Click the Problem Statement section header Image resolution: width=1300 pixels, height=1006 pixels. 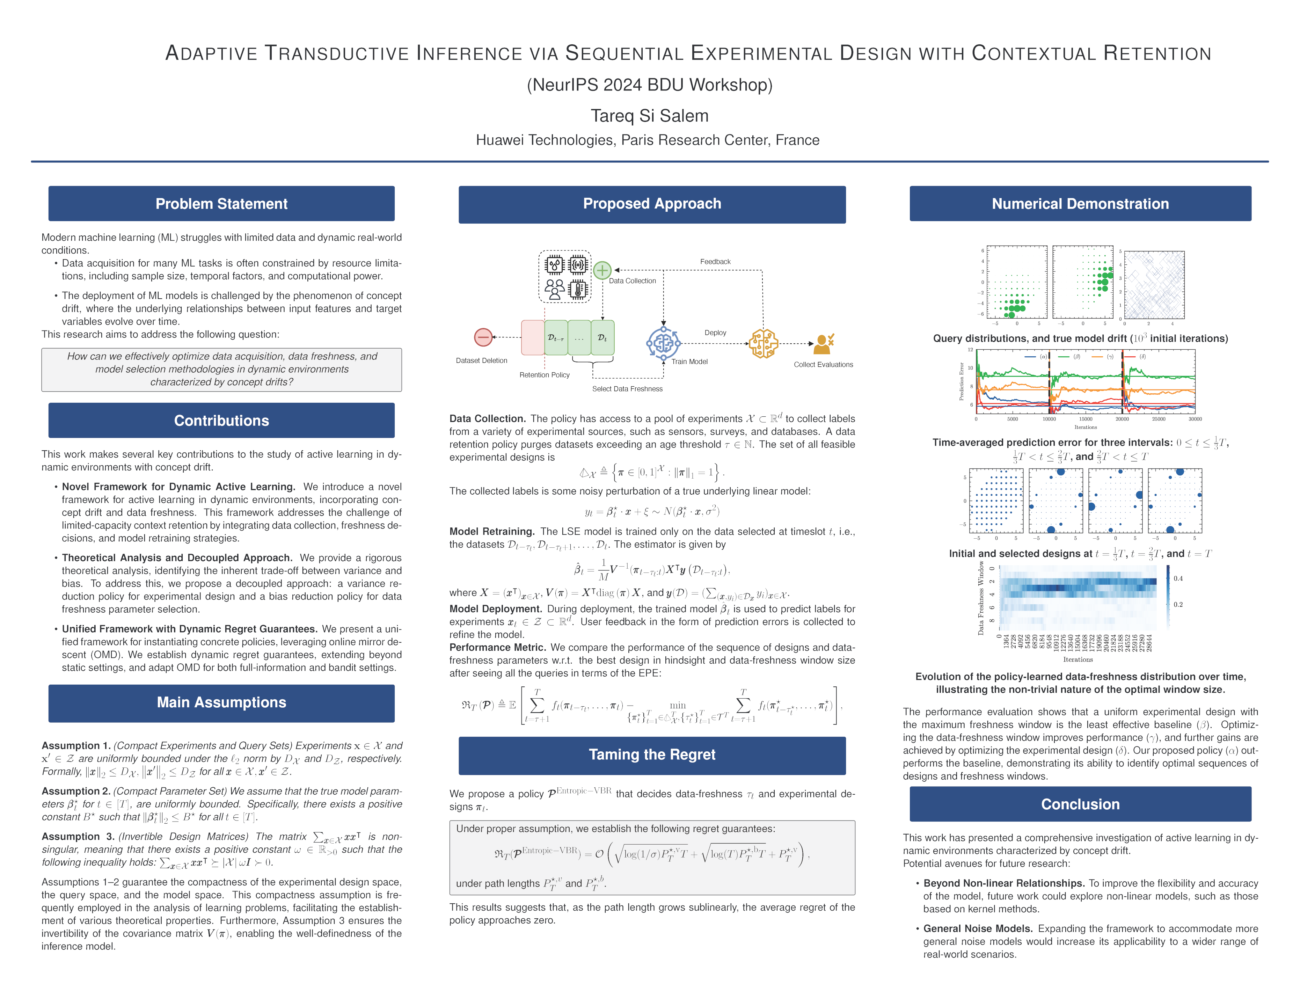tap(221, 204)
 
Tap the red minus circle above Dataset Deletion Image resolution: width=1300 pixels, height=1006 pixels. tap(483, 337)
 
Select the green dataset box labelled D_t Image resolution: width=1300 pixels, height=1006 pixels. tap(602, 337)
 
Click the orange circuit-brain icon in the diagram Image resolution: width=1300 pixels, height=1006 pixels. tap(764, 343)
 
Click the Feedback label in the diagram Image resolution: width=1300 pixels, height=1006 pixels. tap(715, 261)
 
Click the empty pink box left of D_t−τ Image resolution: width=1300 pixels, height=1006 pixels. tap(533, 337)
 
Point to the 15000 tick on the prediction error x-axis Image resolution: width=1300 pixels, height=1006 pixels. tap(1086, 419)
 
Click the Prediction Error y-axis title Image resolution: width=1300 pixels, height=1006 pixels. tap(961, 381)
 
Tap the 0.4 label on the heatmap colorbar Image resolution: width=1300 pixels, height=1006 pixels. tap(1178, 578)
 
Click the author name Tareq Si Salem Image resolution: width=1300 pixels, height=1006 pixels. tap(649, 116)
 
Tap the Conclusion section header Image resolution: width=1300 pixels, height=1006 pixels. tap(1080, 804)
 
